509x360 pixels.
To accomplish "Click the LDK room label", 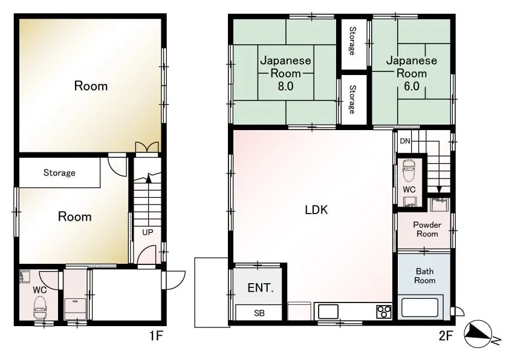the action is (316, 210).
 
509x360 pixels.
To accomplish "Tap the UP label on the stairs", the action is (148, 232).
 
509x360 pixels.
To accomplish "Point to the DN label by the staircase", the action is (405, 141).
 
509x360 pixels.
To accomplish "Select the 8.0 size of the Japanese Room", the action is (286, 86).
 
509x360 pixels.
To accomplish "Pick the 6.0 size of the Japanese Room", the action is (412, 86).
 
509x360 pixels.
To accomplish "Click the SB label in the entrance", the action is (259, 313).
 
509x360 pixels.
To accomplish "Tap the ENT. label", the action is (261, 288).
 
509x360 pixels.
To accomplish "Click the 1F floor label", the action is (156, 336).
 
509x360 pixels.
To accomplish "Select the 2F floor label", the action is (446, 336).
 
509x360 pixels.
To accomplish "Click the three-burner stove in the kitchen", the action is (384, 312).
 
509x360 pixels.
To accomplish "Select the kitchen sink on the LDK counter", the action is (328, 312).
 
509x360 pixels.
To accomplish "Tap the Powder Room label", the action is (427, 229).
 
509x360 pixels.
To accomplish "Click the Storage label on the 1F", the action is (59, 172).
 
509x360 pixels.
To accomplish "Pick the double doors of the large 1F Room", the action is (147, 147).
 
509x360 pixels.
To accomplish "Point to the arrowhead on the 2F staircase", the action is (439, 189).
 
